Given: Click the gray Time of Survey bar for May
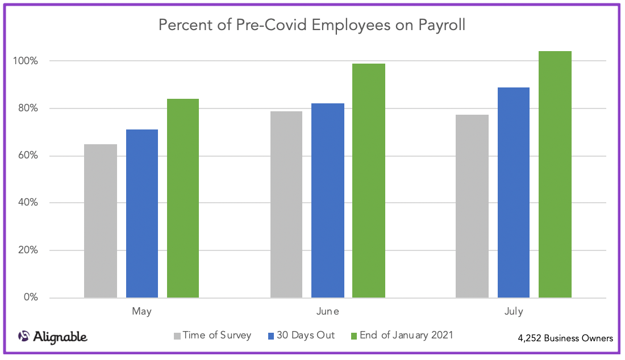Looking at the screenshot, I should [101, 221].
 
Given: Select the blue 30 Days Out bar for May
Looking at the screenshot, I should [142, 214].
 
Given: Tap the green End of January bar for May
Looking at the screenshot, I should [183, 198].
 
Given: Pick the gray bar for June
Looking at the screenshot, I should [286, 204].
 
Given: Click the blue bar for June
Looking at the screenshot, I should [328, 200].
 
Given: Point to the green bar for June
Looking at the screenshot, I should [369, 181].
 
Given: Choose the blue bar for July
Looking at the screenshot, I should [514, 192].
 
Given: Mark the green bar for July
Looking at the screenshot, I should [555, 174].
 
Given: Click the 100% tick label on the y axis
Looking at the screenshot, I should [27, 61].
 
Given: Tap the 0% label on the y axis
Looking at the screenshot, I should [31, 298].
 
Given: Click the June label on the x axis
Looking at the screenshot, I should [328, 311].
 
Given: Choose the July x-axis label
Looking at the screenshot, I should [514, 311].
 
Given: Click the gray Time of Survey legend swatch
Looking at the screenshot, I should [177, 336].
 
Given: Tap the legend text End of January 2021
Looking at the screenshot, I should [406, 335].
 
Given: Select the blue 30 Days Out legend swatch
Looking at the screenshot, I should [271, 336].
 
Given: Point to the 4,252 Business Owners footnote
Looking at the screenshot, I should [565, 338].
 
